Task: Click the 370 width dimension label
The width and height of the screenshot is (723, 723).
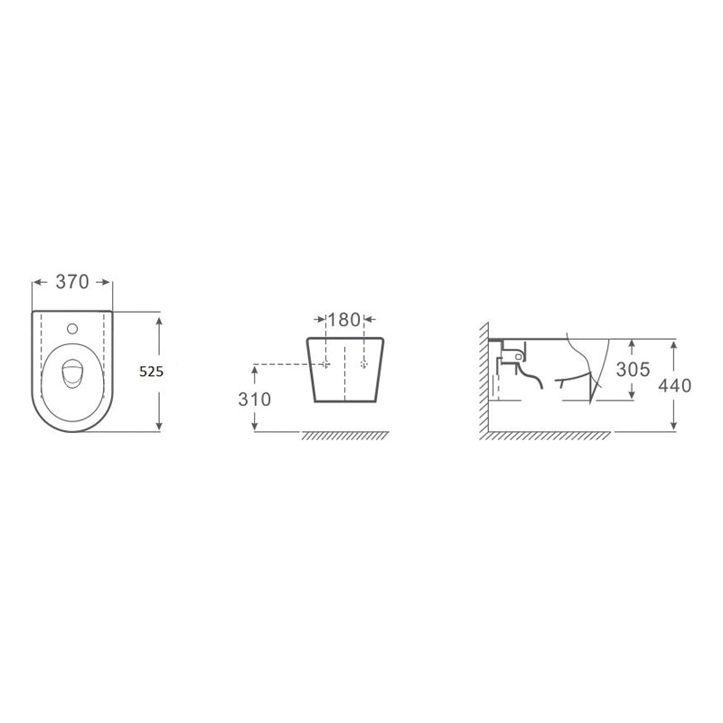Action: [72, 282]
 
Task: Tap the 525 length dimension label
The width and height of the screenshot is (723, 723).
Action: [151, 371]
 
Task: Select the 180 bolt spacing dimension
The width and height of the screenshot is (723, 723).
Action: [344, 320]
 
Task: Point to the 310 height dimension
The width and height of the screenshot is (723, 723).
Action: [255, 399]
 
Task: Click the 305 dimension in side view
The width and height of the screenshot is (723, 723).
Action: [634, 370]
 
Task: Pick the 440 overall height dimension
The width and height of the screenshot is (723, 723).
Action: [674, 386]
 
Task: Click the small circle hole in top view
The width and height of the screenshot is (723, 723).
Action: [72, 329]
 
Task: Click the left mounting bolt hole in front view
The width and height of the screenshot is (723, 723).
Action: [326, 364]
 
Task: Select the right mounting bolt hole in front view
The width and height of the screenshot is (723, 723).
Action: [364, 364]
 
